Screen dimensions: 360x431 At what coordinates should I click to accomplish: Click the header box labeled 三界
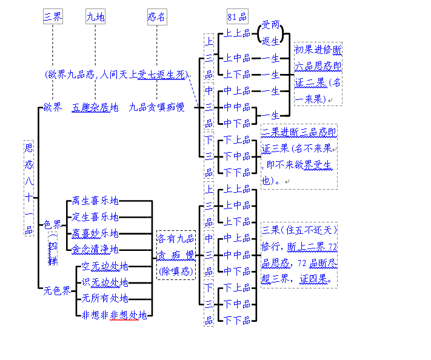pos(53,17)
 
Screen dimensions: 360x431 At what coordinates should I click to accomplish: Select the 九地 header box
pos(95,17)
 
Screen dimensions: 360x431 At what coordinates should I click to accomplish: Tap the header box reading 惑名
pos(156,17)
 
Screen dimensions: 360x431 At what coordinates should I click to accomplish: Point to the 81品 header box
pos(237,17)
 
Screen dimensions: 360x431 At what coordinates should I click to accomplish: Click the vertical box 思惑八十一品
pos(28,188)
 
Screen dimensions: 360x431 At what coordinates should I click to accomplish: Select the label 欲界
pos(52,107)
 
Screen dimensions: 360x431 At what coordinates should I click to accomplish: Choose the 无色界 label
pos(56,290)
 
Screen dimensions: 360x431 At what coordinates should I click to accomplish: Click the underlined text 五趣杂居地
pos(95,107)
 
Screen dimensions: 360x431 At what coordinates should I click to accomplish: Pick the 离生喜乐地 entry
pos(95,201)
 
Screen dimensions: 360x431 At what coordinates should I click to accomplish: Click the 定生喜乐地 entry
pos(95,217)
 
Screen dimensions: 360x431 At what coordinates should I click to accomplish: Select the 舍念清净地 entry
pos(95,249)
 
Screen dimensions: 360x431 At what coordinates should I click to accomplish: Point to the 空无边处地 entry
pos(105,266)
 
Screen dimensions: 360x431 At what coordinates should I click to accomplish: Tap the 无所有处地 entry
pos(105,298)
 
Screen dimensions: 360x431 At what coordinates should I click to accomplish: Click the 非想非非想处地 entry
pos(114,315)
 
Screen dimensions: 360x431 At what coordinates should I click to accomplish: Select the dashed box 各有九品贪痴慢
pos(176,255)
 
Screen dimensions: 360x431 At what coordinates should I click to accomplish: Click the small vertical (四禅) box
pos(53,249)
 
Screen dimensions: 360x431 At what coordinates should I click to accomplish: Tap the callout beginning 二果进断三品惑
pos(299,156)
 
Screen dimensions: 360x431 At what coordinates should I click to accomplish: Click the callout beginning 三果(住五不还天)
pos(299,255)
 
